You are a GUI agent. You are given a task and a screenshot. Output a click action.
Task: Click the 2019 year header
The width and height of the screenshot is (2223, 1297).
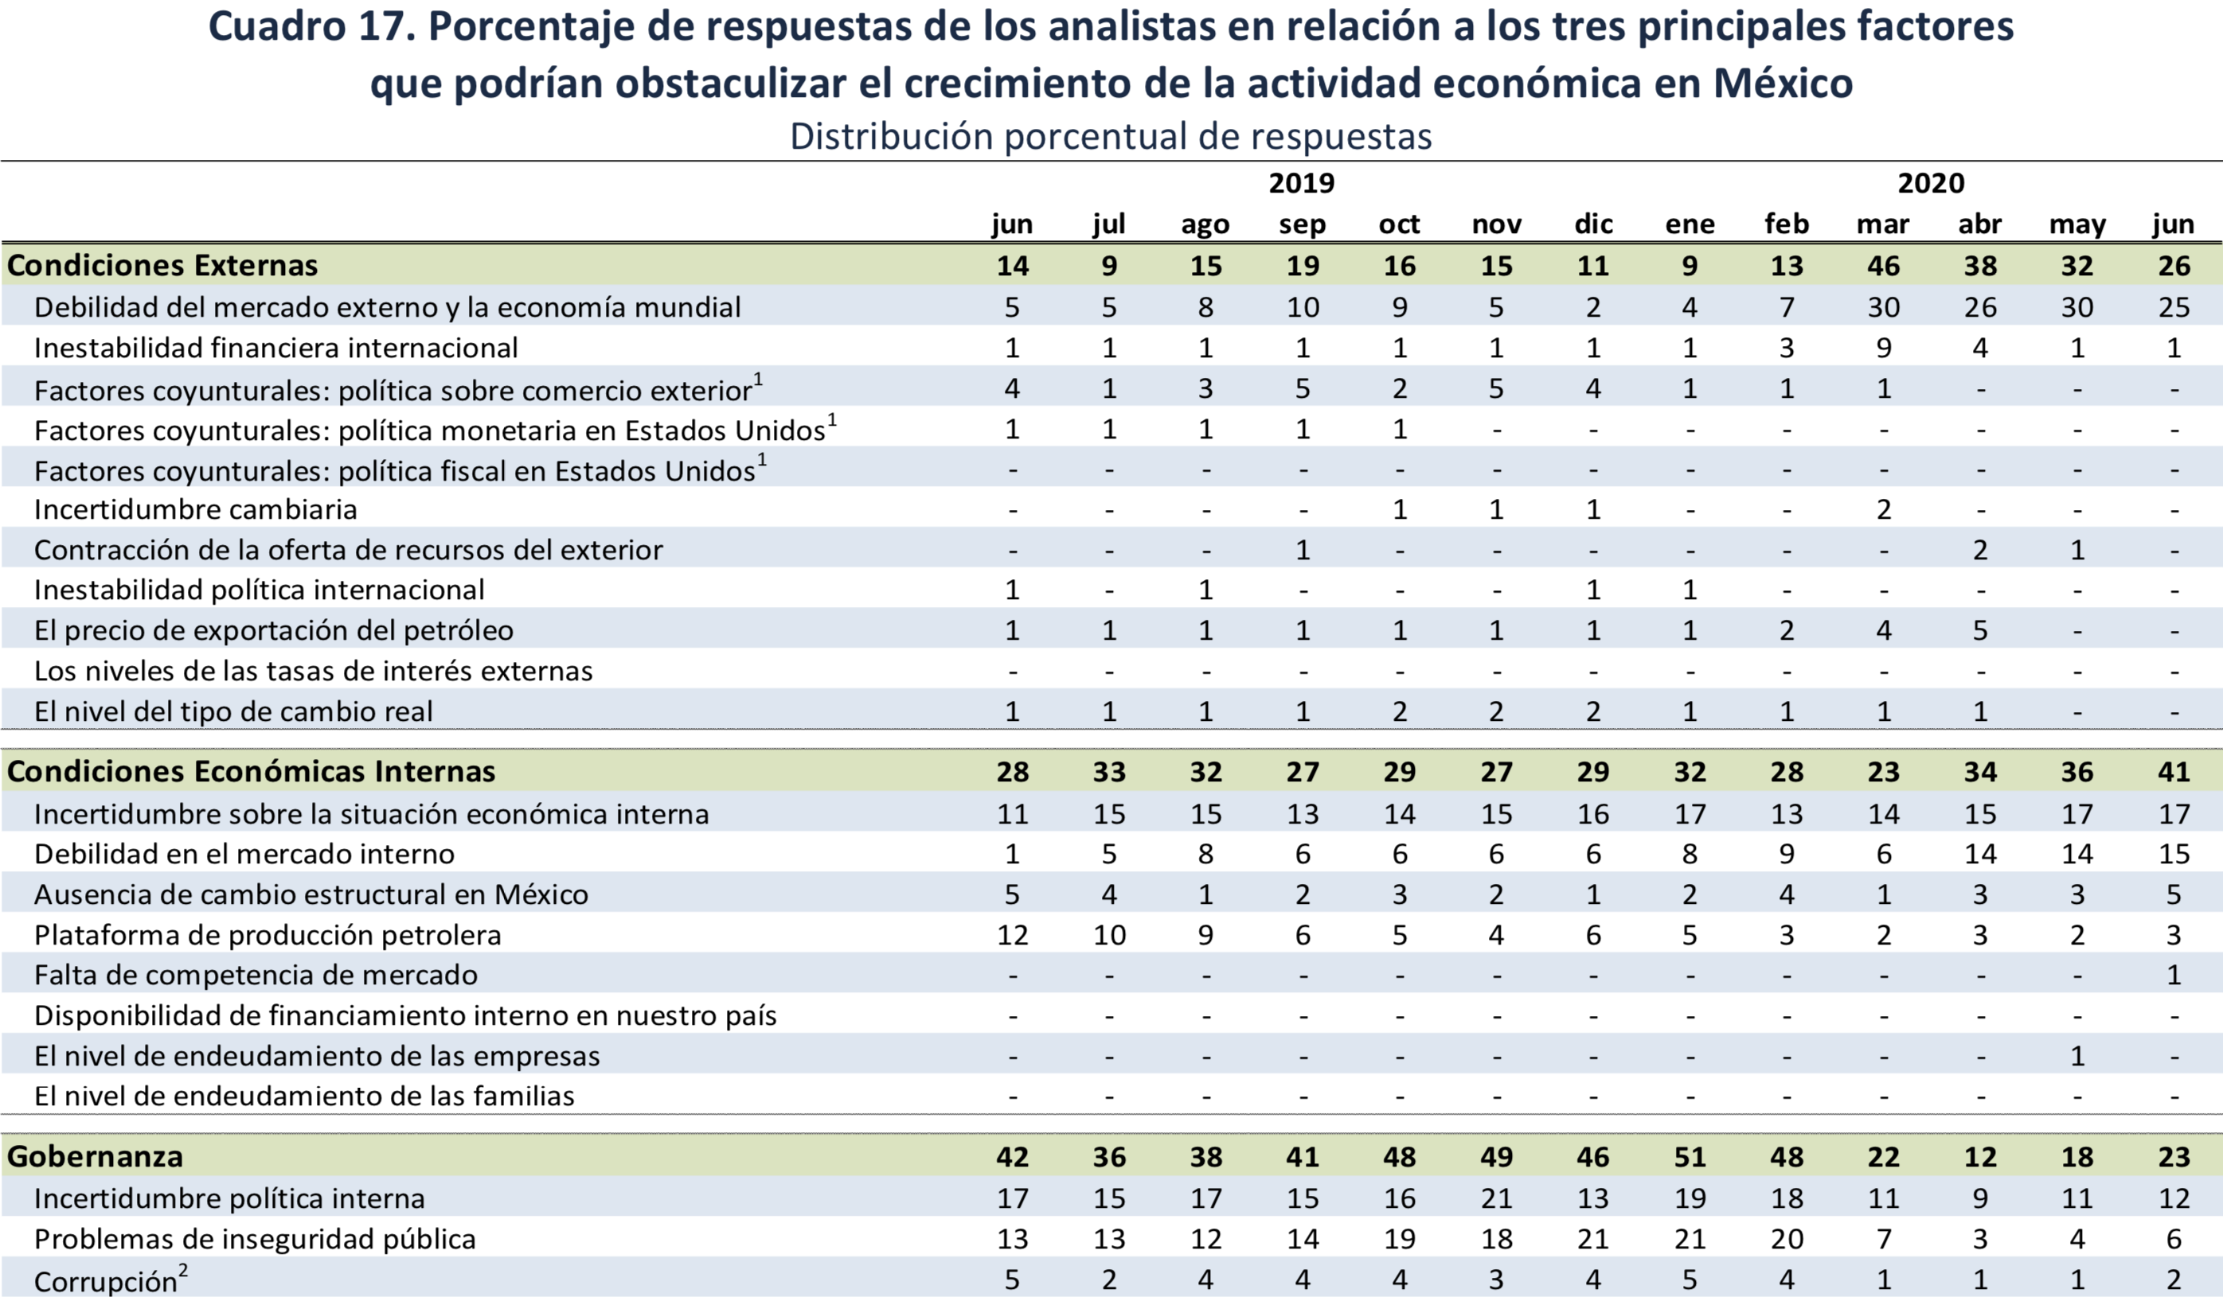(1301, 183)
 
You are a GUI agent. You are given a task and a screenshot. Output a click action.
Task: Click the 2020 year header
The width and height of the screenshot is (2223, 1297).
(1931, 183)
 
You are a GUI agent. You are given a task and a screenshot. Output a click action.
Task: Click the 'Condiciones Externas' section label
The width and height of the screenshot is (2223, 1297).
(162, 266)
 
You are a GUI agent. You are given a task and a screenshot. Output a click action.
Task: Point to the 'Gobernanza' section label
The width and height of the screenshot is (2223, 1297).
(96, 1156)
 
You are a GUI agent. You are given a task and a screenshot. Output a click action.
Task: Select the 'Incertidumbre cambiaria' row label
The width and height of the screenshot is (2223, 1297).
(195, 509)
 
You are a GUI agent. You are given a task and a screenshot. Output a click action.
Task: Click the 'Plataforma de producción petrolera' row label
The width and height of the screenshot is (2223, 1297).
(268, 935)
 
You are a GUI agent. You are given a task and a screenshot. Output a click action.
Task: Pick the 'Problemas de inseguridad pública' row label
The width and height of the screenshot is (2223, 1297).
(255, 1239)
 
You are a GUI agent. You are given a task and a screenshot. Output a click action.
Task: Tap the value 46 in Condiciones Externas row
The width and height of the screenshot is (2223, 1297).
(1882, 266)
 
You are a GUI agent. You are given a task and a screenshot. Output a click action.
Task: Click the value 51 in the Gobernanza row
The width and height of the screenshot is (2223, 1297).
(1690, 1156)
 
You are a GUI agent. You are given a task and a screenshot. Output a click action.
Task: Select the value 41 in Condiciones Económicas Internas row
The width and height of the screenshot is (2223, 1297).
(2174, 772)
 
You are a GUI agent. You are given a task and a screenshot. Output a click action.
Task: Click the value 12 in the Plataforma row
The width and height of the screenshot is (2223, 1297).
(1012, 935)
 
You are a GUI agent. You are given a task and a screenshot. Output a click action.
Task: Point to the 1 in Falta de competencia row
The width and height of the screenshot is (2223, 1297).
(2174, 976)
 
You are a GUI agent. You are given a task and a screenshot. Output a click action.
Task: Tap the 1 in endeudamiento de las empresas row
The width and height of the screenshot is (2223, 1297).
(2076, 1056)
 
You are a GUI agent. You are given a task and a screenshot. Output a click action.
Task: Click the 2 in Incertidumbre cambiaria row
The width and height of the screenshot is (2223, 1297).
(1882, 509)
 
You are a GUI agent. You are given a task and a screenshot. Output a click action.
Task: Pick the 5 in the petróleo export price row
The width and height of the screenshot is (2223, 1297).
(1979, 630)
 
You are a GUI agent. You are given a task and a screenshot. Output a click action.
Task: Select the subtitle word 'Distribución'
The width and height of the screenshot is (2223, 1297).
(891, 137)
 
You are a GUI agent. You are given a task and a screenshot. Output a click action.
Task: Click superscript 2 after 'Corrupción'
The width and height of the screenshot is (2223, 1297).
(183, 1270)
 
